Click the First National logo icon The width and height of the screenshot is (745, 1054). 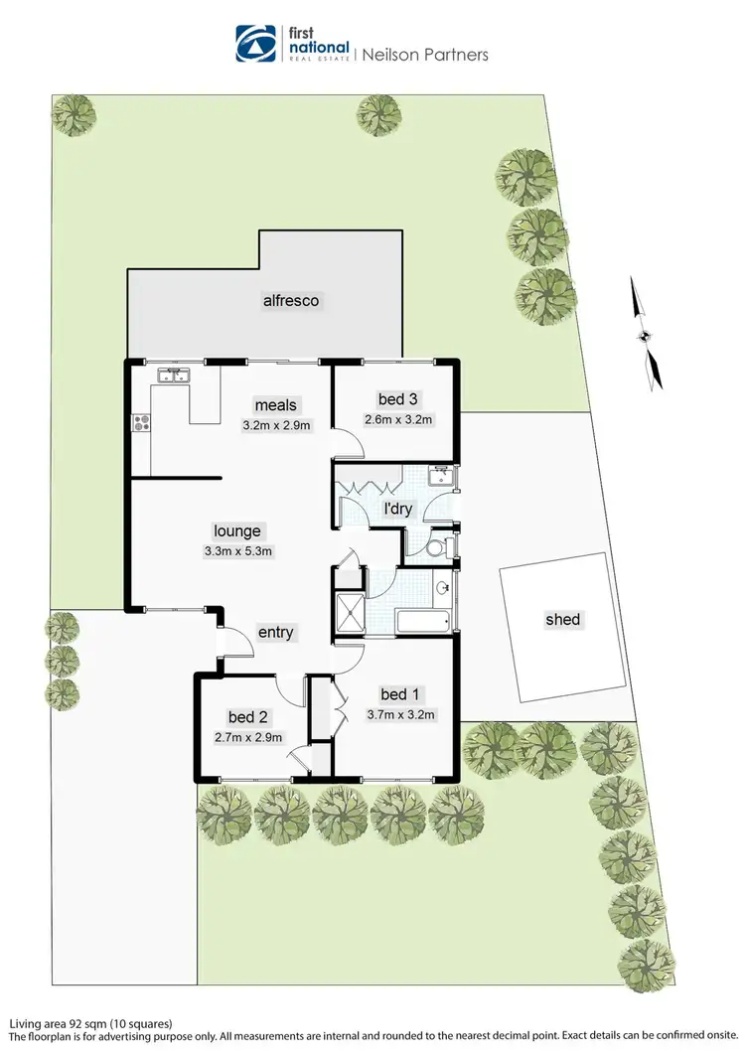(254, 43)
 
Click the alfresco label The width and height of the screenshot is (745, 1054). (290, 299)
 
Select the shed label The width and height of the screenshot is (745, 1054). (562, 620)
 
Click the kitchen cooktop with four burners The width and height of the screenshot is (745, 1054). (140, 423)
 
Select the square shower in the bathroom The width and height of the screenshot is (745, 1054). (350, 611)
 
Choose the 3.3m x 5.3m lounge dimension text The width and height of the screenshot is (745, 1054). (235, 551)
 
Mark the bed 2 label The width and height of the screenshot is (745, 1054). (248, 716)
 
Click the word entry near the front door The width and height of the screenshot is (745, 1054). (275, 633)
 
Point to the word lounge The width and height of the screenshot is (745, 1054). (236, 531)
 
